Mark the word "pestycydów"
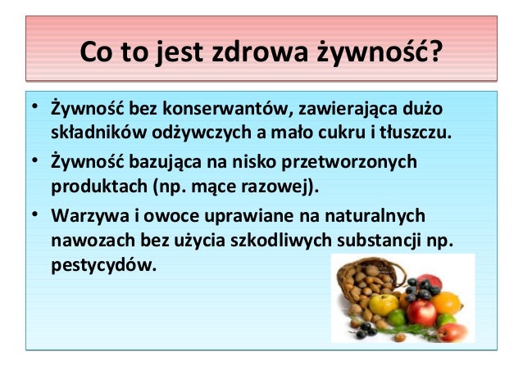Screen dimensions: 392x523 point(102,264)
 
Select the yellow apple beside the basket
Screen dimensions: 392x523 point(384,305)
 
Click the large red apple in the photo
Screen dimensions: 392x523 point(421,312)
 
